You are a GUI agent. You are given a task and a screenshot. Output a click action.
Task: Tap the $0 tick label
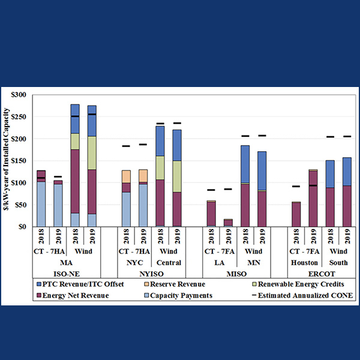[x=23, y=227]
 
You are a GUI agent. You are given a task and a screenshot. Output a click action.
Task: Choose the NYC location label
[x=135, y=263]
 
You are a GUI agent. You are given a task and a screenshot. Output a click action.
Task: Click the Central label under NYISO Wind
[x=169, y=263]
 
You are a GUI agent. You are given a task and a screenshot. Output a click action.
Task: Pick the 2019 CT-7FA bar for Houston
[x=313, y=198]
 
